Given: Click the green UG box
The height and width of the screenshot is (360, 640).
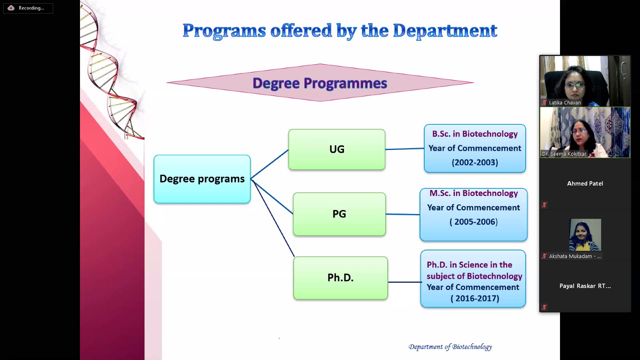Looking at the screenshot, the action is tap(336, 150).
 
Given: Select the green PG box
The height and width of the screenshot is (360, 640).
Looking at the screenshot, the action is tap(339, 214).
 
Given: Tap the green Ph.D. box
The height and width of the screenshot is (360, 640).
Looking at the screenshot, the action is tap(340, 278).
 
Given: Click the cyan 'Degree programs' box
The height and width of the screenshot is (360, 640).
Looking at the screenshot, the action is tap(202, 179).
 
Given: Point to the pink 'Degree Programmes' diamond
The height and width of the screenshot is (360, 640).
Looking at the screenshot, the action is tap(320, 82).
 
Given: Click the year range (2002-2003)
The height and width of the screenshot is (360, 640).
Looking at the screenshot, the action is tap(475, 162).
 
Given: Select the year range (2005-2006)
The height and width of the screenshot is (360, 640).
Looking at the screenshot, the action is tap(474, 222).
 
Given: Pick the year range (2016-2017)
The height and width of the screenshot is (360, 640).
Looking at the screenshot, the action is tap(475, 298).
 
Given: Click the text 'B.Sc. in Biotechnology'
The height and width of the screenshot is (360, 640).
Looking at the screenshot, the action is tap(475, 134).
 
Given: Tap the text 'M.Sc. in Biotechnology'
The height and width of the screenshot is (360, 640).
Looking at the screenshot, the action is tap(474, 193).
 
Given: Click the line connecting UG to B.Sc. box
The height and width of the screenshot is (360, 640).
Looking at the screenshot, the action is tap(404, 149).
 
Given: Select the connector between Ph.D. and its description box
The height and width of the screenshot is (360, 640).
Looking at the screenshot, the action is tap(404, 282).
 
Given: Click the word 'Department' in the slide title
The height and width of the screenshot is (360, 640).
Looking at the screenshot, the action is tap(445, 31).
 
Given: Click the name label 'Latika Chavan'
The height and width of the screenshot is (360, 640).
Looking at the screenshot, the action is tap(565, 102).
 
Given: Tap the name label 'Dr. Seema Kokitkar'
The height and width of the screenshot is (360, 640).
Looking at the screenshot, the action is tap(564, 154).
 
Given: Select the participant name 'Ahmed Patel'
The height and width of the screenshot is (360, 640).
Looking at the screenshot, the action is tap(585, 184).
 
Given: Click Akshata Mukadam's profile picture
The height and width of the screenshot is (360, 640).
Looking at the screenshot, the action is tap(585, 234).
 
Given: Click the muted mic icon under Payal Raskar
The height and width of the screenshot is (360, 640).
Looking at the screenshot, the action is tap(544, 307).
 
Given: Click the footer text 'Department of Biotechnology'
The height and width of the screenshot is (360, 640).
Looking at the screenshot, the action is tap(450, 347).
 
